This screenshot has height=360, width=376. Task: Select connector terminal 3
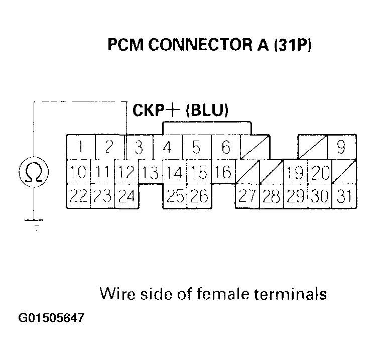139,148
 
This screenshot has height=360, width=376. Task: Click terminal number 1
79,148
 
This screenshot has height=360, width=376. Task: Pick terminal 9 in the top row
341,148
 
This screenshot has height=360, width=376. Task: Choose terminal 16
222,172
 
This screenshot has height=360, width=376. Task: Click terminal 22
78,196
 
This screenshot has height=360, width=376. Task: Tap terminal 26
199,196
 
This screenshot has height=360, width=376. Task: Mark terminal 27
247,196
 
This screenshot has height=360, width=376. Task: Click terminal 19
295,172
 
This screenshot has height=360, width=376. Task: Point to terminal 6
226,148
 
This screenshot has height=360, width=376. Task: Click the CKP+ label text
157,110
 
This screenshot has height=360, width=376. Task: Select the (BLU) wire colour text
207,110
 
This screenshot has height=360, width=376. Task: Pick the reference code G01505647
51,318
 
